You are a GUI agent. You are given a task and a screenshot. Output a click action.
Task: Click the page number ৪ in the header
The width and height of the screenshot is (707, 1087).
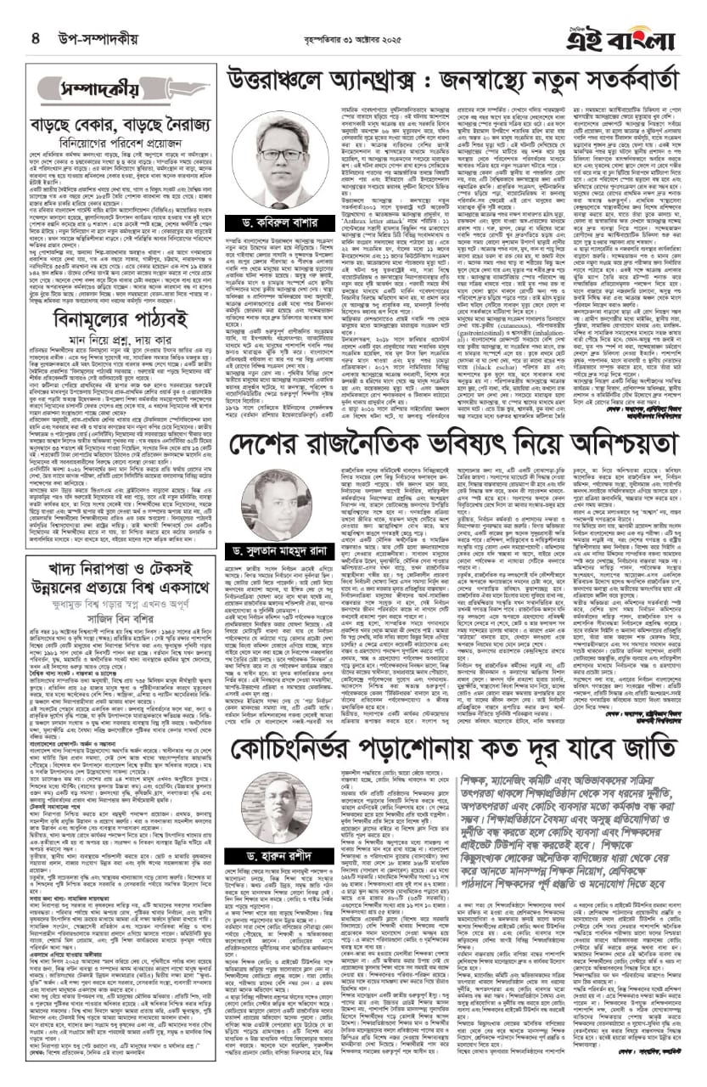point(36,37)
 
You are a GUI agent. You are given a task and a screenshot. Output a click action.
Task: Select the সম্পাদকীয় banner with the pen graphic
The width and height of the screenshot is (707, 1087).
point(93,88)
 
